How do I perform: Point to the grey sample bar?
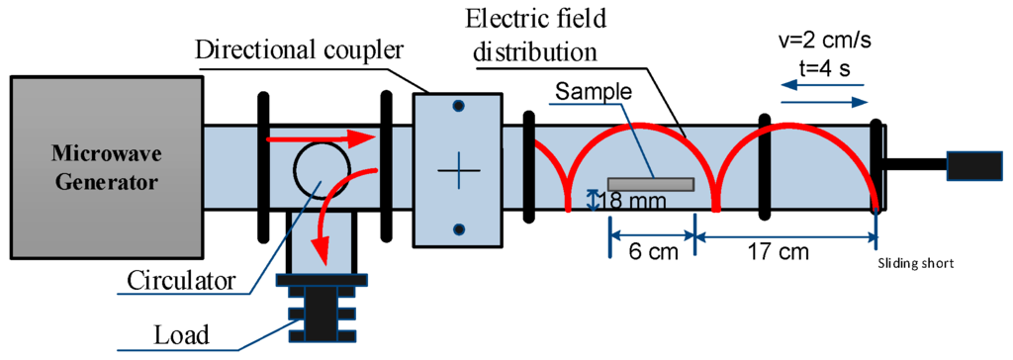point(650,184)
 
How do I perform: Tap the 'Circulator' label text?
point(181,280)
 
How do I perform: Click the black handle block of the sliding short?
point(977,165)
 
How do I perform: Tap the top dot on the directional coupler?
point(458,104)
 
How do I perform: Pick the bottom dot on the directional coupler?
point(458,230)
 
